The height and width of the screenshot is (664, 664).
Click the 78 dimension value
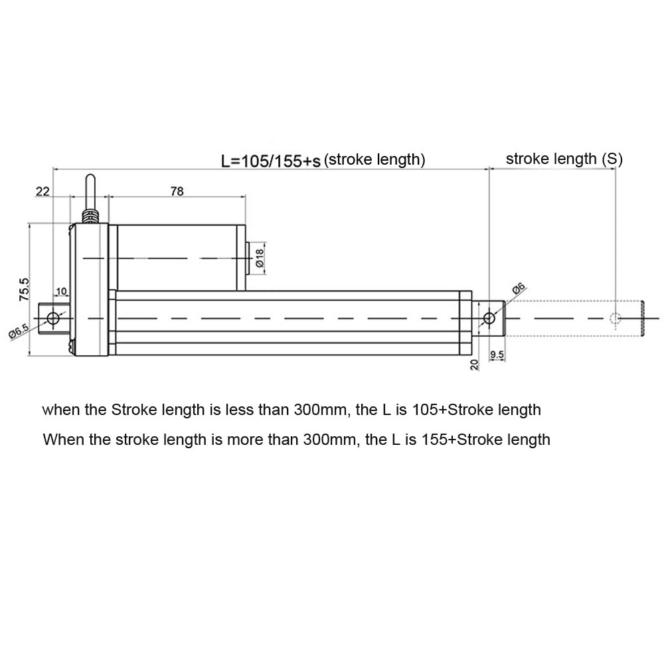point(177,191)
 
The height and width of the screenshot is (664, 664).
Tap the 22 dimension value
point(42,191)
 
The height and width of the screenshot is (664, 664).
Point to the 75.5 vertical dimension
point(25,290)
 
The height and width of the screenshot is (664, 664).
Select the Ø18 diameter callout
point(260,256)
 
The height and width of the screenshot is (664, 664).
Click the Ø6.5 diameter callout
point(19,331)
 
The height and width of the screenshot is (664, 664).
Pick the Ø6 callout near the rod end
point(519,290)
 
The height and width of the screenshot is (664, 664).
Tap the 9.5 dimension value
point(497,355)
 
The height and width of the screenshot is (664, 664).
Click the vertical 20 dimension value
point(474,364)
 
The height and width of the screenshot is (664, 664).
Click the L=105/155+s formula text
point(271,161)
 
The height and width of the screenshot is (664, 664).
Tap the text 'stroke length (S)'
point(564,159)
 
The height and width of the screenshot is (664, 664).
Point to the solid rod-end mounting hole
point(489,318)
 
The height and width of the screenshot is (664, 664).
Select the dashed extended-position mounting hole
point(615,319)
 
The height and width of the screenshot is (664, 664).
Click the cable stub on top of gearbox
point(90,191)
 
